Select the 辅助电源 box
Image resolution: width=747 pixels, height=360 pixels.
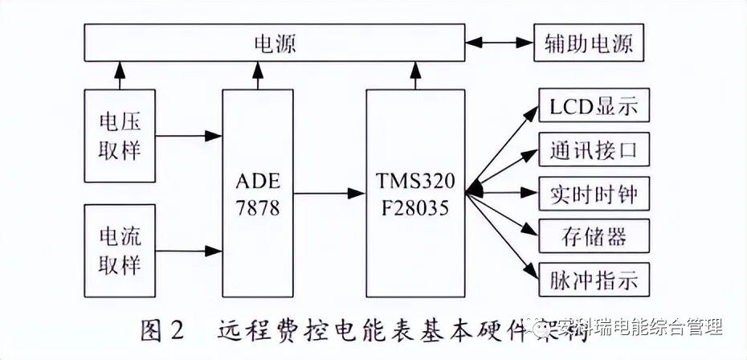pos(590,43)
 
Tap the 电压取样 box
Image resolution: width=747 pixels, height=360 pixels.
pos(120,136)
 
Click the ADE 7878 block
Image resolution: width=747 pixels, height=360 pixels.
pos(258,193)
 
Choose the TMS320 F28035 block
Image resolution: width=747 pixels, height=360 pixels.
pos(415,193)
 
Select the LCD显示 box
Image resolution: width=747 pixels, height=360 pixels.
pos(593,106)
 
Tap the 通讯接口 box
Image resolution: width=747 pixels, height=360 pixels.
pos(593,150)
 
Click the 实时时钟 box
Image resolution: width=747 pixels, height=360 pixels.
pos(593,194)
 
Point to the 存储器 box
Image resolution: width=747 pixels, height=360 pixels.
pos(593,237)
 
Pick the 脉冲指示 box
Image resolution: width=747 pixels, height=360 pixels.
pos(593,280)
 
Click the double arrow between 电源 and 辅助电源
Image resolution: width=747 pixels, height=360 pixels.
pos(500,43)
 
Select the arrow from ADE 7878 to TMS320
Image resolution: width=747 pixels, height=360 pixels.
pos(329,193)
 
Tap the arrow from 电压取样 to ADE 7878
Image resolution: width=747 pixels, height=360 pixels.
pos(189,136)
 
